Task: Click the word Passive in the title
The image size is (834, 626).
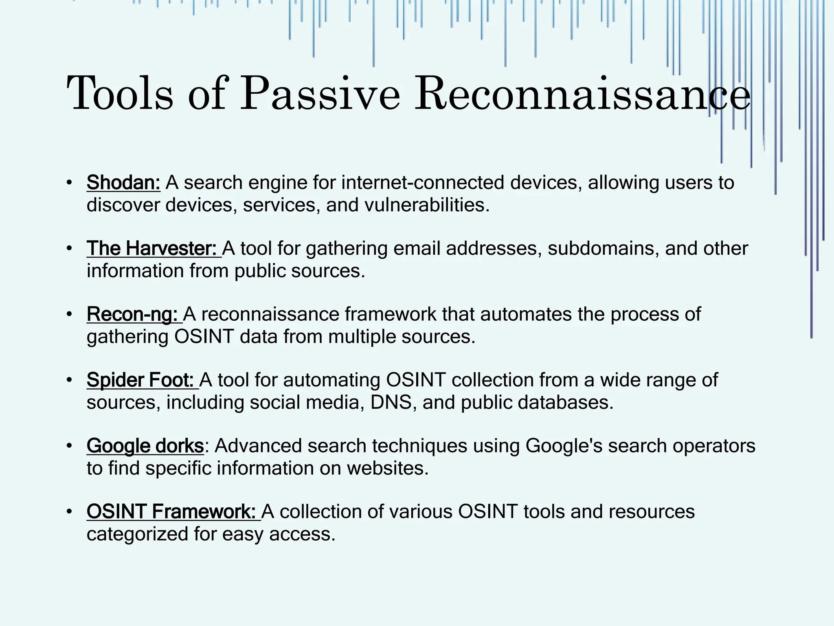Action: pyautogui.click(x=320, y=95)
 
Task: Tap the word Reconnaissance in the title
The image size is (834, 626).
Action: pyautogui.click(x=582, y=95)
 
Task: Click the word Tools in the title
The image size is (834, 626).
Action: pyautogui.click(x=120, y=95)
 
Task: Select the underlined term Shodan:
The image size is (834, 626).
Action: pyautogui.click(x=123, y=183)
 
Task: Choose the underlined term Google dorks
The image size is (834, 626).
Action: pyautogui.click(x=145, y=446)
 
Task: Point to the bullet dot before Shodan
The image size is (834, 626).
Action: pyautogui.click(x=70, y=182)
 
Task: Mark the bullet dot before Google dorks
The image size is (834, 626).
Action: pyautogui.click(x=70, y=445)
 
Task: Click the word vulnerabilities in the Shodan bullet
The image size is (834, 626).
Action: pyautogui.click(x=426, y=205)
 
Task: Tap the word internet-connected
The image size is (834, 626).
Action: pyautogui.click(x=423, y=183)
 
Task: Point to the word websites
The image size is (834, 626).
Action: pyautogui.click(x=387, y=468)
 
